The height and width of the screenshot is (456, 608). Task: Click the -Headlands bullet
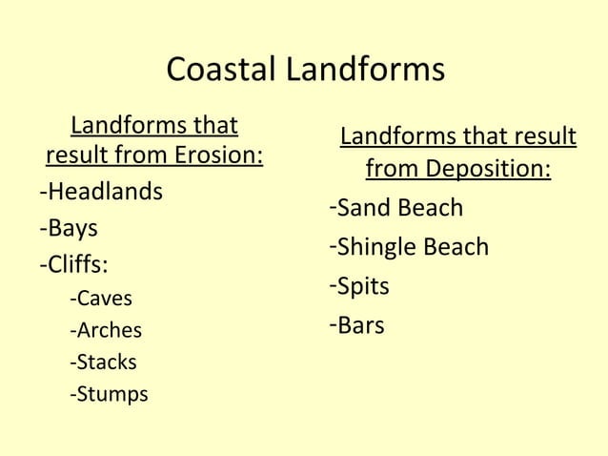click(100, 192)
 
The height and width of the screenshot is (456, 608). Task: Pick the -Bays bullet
click(69, 228)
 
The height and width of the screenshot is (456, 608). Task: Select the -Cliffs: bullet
click(72, 263)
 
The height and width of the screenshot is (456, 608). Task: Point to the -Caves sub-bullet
click(101, 299)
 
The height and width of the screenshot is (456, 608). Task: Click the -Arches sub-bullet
click(105, 331)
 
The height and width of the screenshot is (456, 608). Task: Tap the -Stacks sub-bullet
click(103, 363)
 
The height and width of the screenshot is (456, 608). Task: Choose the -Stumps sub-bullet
click(109, 394)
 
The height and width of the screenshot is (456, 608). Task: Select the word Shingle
click(377, 248)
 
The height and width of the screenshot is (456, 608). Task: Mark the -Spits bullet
click(359, 286)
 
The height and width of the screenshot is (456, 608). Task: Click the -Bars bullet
click(356, 325)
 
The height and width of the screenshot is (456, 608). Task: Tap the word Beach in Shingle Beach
click(456, 247)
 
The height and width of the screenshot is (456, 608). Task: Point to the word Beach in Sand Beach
click(430, 208)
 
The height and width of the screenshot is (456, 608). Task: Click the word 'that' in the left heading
click(214, 126)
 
